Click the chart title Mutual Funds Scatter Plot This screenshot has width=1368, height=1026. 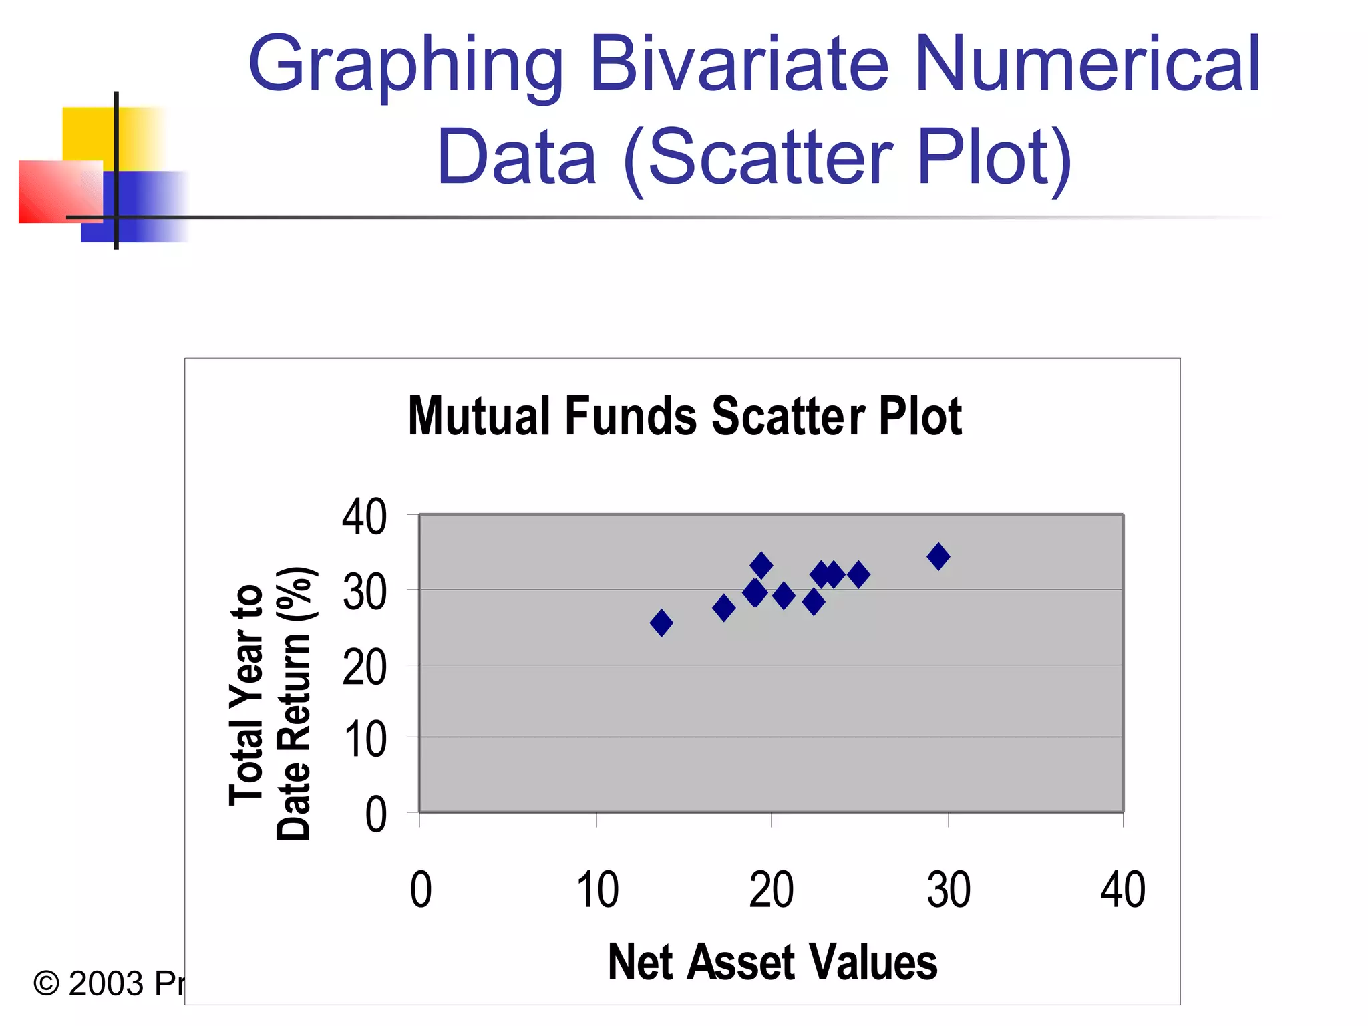click(x=685, y=416)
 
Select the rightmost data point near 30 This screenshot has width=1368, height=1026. click(x=938, y=556)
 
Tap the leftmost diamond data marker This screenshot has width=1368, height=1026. click(x=661, y=623)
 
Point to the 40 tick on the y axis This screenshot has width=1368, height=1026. click(x=364, y=517)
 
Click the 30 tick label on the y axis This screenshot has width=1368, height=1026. click(x=364, y=592)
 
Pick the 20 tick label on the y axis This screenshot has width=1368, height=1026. click(x=364, y=667)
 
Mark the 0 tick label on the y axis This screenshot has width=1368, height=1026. click(x=375, y=815)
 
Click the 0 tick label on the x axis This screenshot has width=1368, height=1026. click(x=421, y=890)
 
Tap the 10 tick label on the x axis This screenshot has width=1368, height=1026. click(x=597, y=890)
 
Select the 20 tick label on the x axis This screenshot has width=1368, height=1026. click(x=772, y=890)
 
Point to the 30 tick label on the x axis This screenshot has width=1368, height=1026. click(x=949, y=890)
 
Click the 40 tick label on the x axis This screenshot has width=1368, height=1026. click(x=1123, y=890)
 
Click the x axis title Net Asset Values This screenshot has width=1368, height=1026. click(x=772, y=962)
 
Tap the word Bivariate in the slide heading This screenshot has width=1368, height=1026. click(x=739, y=65)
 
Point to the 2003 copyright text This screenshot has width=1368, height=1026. click(x=107, y=984)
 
